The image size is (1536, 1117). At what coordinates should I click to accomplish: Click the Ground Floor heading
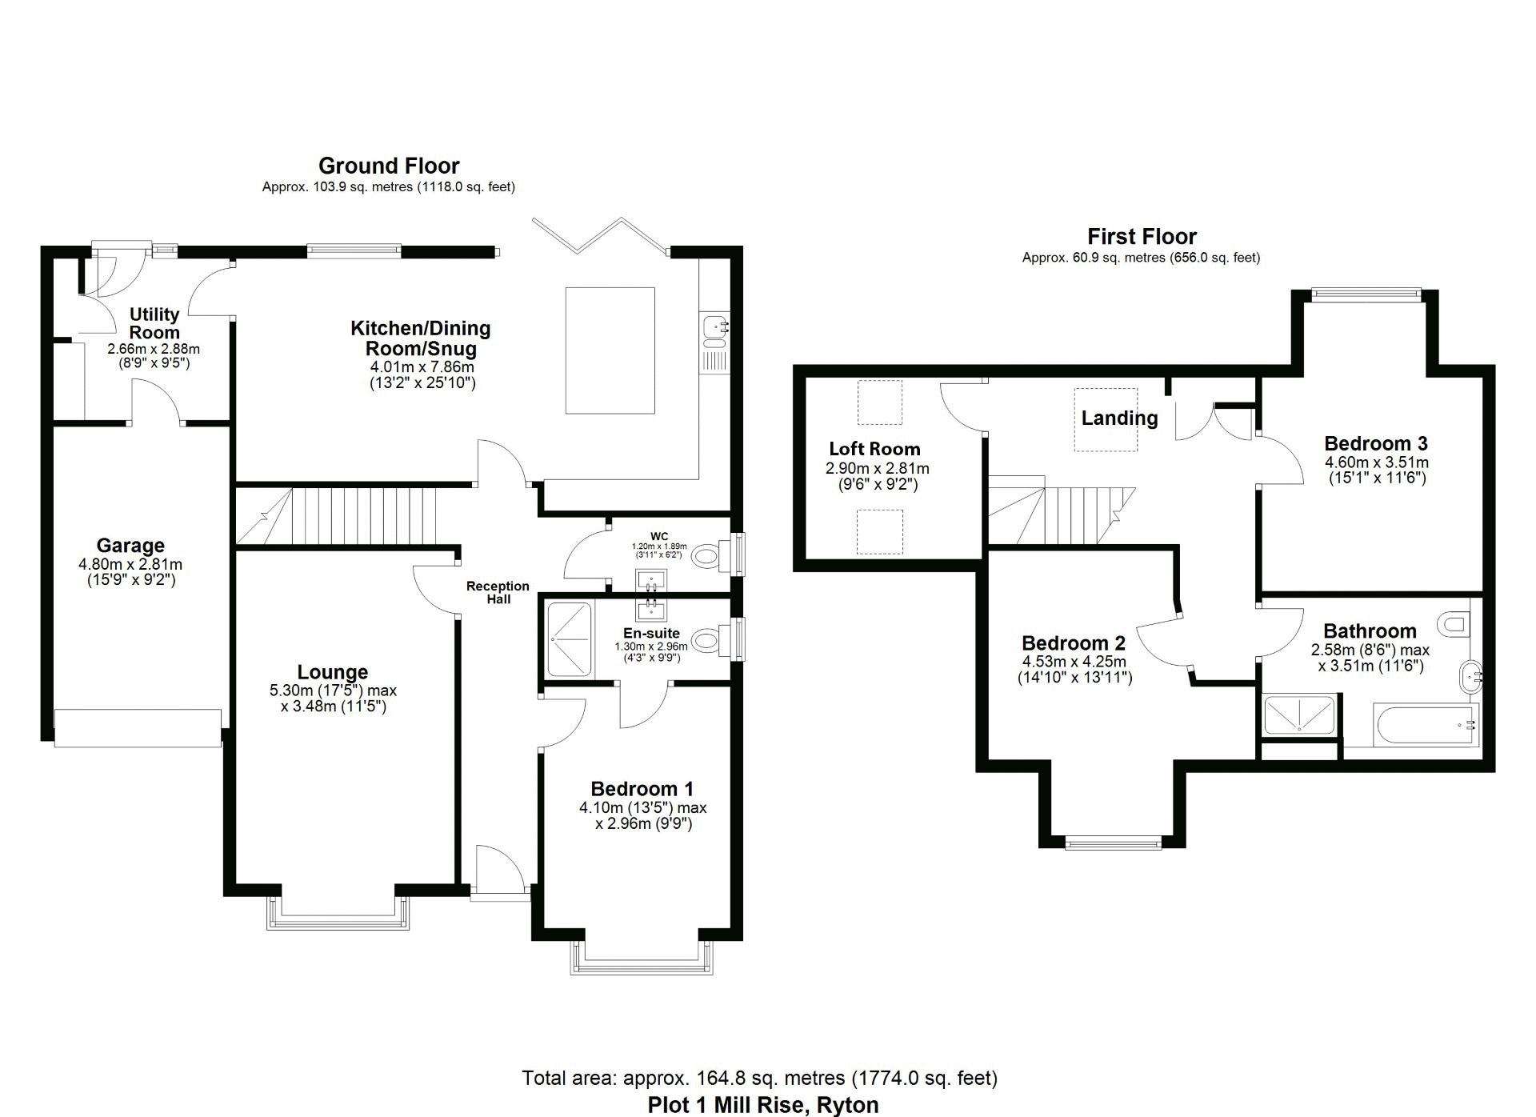click(389, 166)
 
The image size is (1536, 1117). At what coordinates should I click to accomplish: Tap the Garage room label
click(130, 546)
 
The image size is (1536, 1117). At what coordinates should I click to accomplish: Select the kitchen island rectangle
click(610, 350)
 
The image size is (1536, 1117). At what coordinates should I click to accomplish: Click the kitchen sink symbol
click(714, 326)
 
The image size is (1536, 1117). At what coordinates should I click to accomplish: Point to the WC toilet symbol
click(706, 555)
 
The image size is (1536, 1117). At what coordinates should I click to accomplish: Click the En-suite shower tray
click(570, 640)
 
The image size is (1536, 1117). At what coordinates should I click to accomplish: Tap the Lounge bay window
click(338, 913)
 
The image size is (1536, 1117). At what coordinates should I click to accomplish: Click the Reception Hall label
click(498, 592)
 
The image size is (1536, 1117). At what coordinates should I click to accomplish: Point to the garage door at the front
click(138, 727)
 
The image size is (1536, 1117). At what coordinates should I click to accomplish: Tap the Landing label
click(1119, 418)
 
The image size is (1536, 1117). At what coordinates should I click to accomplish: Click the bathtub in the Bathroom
click(1425, 725)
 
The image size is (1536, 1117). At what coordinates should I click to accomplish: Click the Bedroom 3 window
click(1366, 294)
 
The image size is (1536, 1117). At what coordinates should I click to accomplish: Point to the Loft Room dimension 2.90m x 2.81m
click(877, 469)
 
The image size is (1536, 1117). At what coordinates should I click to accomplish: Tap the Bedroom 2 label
click(1073, 643)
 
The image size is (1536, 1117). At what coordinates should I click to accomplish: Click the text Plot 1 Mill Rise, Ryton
click(762, 1105)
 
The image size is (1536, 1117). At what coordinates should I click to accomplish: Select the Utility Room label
click(154, 323)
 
